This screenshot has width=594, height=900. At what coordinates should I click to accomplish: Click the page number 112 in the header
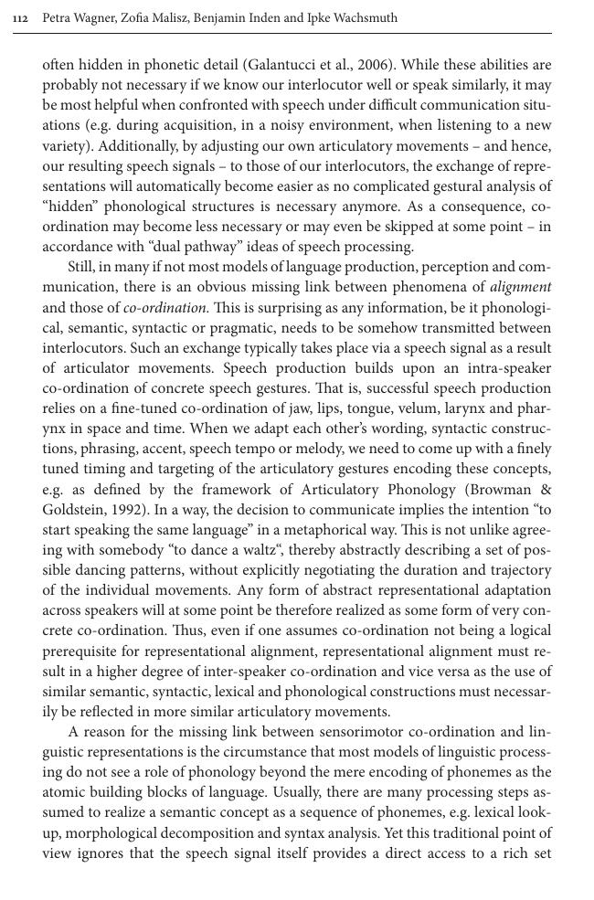[20, 18]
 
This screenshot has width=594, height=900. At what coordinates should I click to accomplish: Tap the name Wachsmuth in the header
[364, 17]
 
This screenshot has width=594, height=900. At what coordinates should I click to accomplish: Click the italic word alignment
[520, 287]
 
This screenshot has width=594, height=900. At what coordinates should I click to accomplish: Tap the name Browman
[503, 489]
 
